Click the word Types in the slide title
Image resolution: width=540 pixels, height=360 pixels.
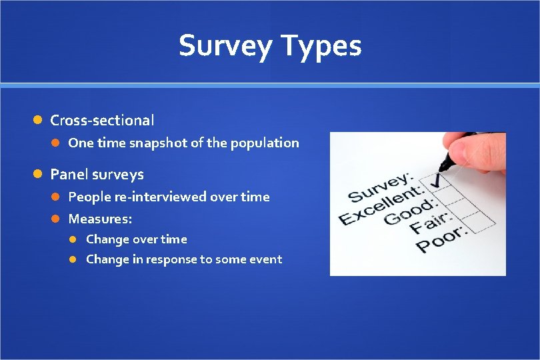coord(322,46)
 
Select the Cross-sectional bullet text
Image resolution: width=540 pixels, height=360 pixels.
coord(102,121)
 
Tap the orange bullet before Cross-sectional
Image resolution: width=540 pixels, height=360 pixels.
coord(39,121)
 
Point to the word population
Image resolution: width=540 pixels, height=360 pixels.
coord(267,143)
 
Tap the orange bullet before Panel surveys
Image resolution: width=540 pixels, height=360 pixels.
coord(39,175)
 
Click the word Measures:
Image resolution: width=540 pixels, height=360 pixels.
coord(100,219)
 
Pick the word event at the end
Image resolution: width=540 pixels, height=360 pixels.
coord(265,259)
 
